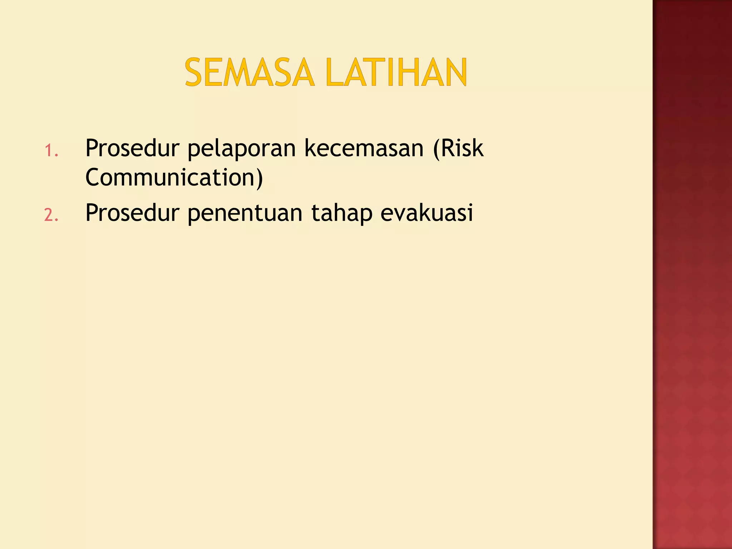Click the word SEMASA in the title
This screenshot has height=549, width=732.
point(249,73)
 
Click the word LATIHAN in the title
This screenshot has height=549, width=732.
point(396,73)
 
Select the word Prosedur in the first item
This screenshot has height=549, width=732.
point(132,148)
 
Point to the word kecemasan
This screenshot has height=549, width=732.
point(364,148)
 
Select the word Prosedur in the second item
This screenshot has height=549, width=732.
point(132,213)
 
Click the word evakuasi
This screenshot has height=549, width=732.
point(427,213)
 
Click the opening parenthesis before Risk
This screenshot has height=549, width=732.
point(436,149)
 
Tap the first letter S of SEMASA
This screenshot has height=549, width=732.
point(194,73)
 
